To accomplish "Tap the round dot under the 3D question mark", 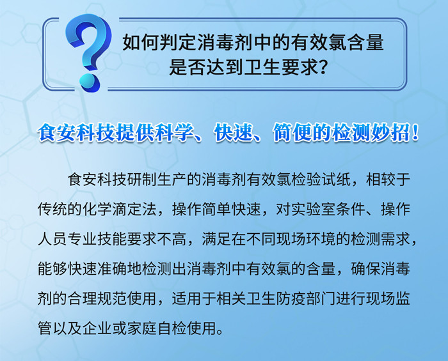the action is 90,83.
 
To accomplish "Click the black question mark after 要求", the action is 323,68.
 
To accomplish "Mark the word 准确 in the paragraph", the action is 112,268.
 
